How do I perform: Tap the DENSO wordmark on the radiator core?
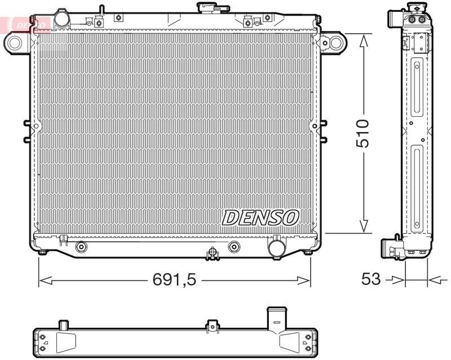click(x=260, y=217)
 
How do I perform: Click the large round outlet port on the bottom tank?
click(x=276, y=248)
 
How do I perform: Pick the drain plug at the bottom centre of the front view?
click(x=213, y=253)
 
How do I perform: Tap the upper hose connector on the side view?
click(x=395, y=19)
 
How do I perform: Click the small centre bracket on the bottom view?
click(x=213, y=325)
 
